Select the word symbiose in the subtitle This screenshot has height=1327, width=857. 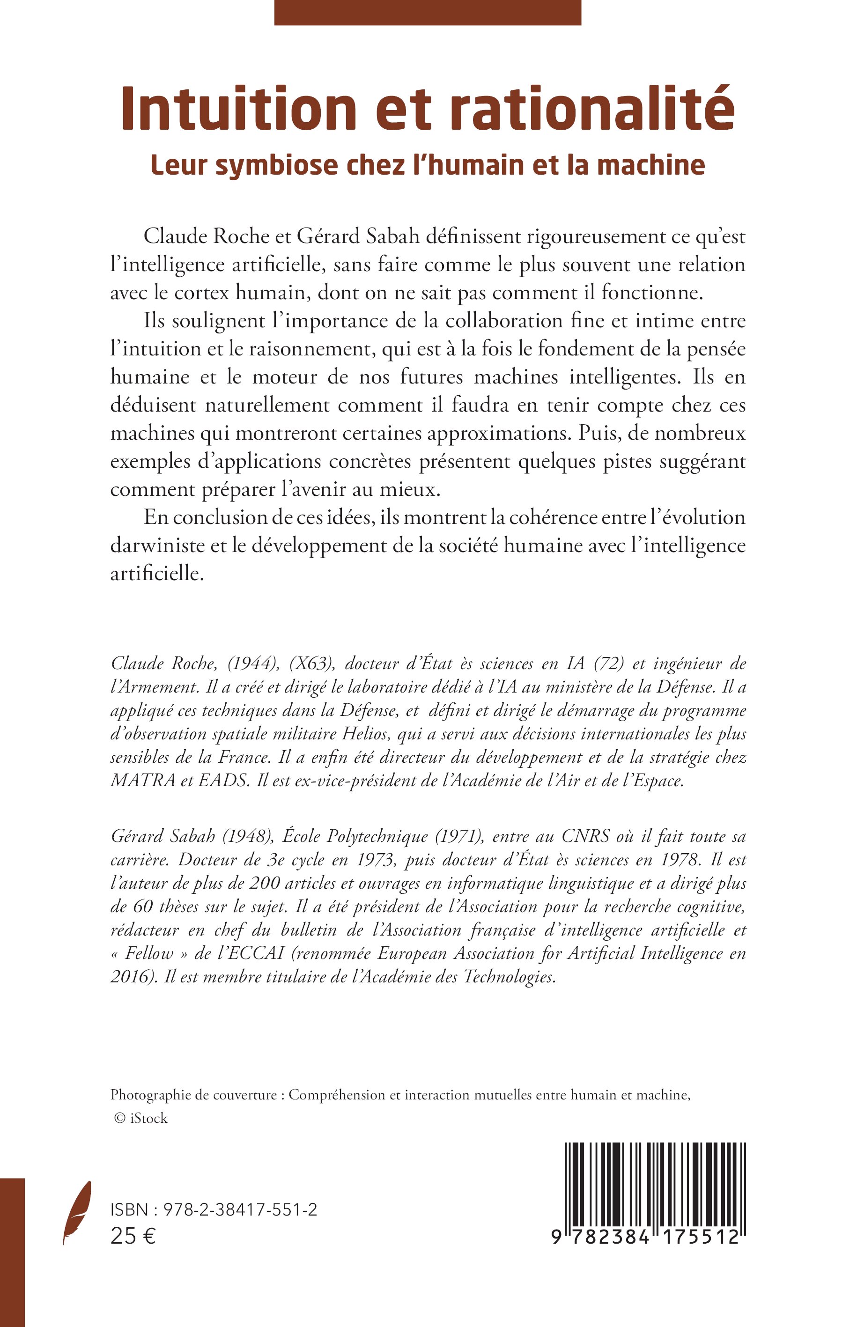[x=275, y=165]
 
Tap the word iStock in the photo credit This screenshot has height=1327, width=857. [x=148, y=1118]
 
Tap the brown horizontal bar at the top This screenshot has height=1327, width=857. [x=428, y=12]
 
